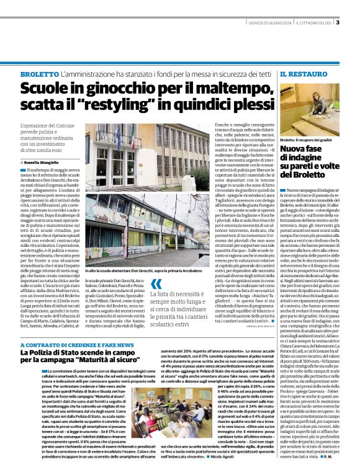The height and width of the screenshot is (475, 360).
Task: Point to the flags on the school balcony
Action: tap(117, 133)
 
